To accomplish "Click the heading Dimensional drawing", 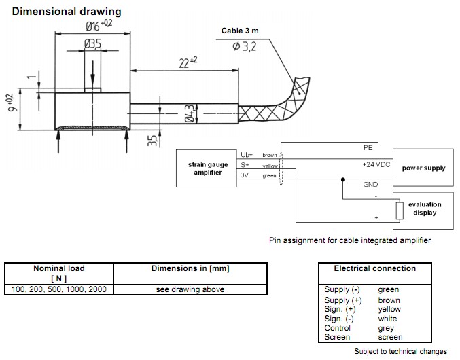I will (x=67, y=12).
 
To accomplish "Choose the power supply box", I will (x=423, y=168).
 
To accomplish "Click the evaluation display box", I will (x=425, y=209).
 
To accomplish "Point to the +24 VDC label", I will (x=375, y=164).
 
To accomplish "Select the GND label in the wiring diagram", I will (x=370, y=184).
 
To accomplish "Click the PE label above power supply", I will (x=368, y=147).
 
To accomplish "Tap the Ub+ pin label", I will (x=247, y=155).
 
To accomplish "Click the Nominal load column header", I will (x=59, y=273).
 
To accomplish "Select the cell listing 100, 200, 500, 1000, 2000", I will (x=59, y=289).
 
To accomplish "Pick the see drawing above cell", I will (x=190, y=289).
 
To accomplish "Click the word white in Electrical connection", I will (x=387, y=319).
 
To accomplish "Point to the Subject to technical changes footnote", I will (x=400, y=351).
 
